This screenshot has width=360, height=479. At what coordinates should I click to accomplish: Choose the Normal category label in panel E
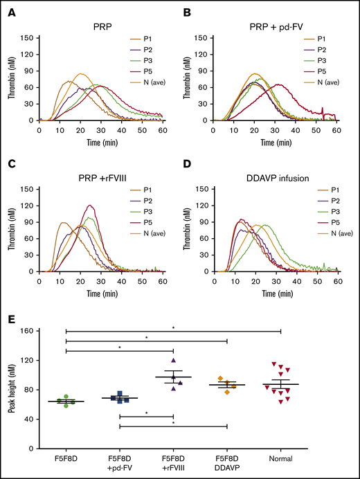coord(280,458)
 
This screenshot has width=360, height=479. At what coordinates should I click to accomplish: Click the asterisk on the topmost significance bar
coord(174,329)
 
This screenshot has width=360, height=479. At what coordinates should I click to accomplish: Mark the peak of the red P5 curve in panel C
coord(89,206)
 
